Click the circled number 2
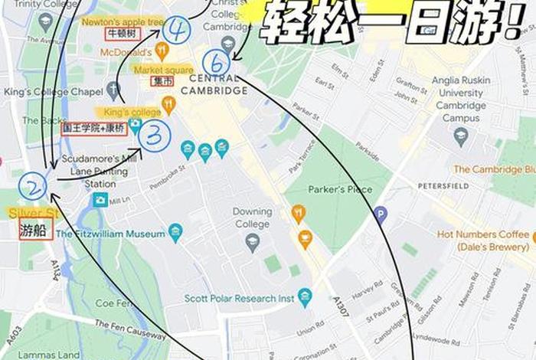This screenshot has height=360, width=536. pos(33,186)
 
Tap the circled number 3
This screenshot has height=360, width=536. pos(155,136)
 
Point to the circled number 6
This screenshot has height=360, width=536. pos(216,62)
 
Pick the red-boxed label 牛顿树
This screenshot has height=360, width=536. pos(119,34)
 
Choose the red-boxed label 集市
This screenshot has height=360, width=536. pos(162,80)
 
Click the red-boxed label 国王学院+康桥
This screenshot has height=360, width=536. pos(93,129)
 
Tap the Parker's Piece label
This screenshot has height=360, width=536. pos(338,188)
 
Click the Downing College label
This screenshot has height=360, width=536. pos(252,217)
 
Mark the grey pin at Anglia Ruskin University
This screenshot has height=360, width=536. pos(460,136)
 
